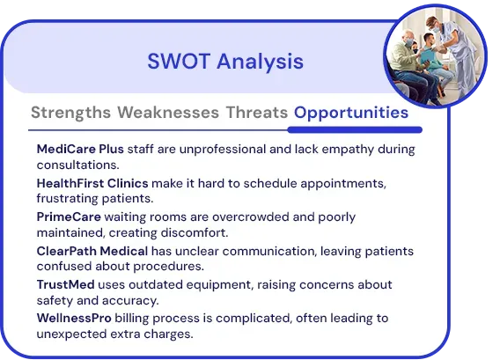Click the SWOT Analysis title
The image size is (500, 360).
[x=225, y=62]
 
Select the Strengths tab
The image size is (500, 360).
[x=70, y=113]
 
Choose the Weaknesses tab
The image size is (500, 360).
[x=168, y=113]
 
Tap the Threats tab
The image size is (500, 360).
[x=257, y=113]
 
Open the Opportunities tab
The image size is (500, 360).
[x=351, y=113]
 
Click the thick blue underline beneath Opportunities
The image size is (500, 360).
[x=355, y=129]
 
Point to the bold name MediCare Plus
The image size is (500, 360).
[x=80, y=149]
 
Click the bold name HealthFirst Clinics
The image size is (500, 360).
[x=92, y=183]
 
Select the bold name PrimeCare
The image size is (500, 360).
[x=69, y=217]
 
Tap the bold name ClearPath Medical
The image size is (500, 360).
[x=92, y=251]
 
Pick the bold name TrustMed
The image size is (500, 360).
[x=65, y=284]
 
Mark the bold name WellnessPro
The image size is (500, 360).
[x=74, y=318]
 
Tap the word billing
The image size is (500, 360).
[x=132, y=319]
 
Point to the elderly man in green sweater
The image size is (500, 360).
[x=408, y=63]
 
